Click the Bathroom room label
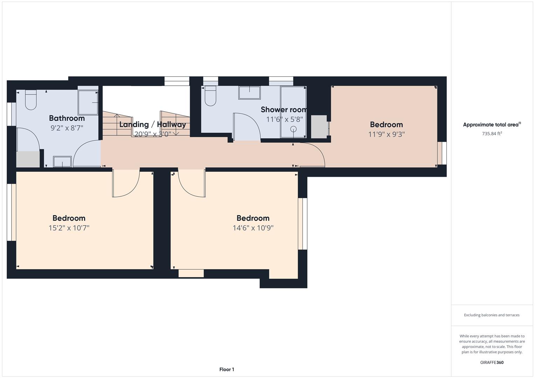[x=67, y=118]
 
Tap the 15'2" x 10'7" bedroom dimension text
[x=69, y=228]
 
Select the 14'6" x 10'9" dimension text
[x=253, y=228]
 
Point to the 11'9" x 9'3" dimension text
[x=386, y=134]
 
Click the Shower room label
[x=283, y=110]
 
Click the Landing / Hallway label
[x=152, y=124]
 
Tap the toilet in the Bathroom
[x=31, y=100]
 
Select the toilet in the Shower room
[x=211, y=96]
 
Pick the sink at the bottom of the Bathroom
[x=62, y=162]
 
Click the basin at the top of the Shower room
[x=249, y=93]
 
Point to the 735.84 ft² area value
[x=492, y=133]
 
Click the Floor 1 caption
[x=227, y=369]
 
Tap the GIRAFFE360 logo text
[x=492, y=362]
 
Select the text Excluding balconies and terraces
[x=492, y=315]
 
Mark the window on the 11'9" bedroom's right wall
[x=442, y=153]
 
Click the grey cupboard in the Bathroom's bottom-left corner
[x=28, y=159]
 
